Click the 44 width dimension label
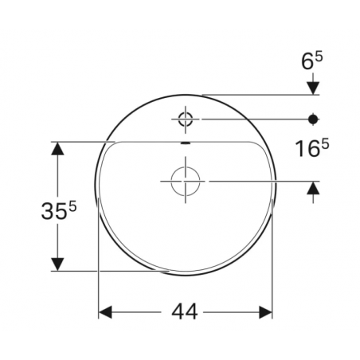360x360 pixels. click(186, 312)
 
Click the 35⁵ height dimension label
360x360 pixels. click(59, 211)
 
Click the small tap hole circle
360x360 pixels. click(186, 119)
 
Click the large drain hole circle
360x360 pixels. click(186, 182)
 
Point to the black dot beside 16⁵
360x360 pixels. click(313, 119)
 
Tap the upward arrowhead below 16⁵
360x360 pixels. click(313, 188)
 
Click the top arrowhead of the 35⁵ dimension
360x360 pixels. click(57, 148)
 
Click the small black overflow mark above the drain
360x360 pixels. click(186, 143)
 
